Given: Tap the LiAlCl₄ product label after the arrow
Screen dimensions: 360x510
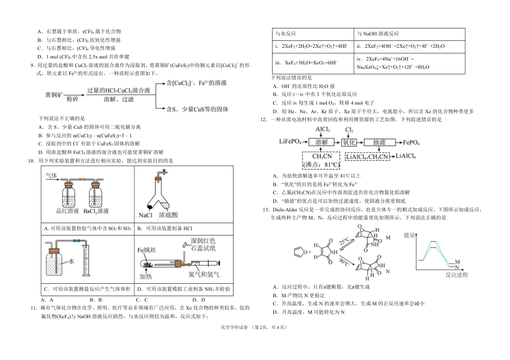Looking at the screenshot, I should point(410,156).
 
